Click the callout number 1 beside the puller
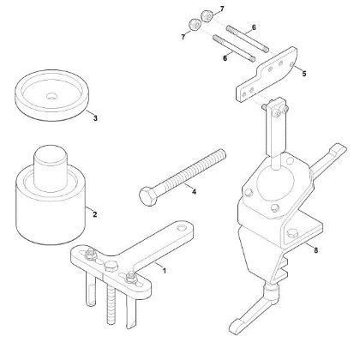pos(165,272)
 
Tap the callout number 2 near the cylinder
pos(93,215)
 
